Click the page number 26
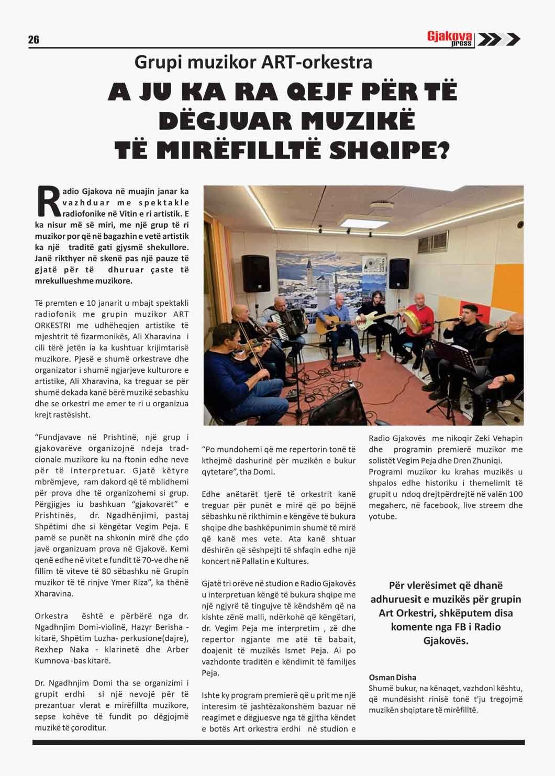click(x=34, y=40)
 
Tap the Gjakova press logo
click(x=473, y=39)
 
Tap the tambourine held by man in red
click(x=409, y=318)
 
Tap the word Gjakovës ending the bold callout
click(x=445, y=640)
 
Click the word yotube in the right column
click(x=382, y=516)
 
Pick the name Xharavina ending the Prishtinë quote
click(x=53, y=594)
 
